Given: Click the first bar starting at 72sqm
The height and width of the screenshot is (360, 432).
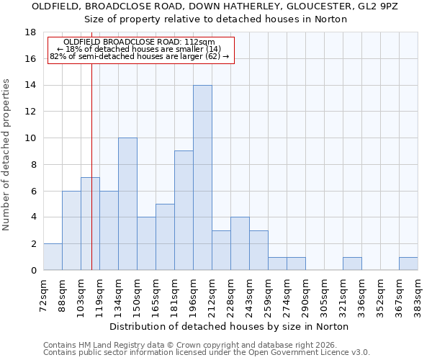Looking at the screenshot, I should click(x=53, y=257).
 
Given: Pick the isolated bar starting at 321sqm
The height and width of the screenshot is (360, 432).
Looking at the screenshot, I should click(x=352, y=264).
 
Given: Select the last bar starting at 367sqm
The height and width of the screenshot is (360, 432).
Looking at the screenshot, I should click(x=408, y=264).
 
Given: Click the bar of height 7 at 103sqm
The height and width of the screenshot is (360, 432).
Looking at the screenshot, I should click(x=90, y=224).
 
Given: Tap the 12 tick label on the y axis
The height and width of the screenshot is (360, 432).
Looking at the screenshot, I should click(x=30, y=112).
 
